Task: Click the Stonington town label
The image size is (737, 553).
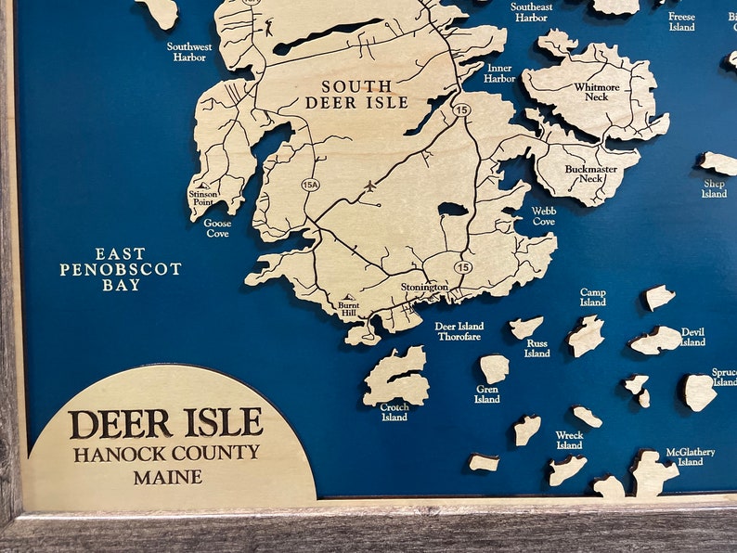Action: pos(424,288)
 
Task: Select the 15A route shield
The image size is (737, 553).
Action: pos(310,185)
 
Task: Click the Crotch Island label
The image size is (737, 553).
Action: pos(394,412)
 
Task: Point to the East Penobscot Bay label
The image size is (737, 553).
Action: pos(121,269)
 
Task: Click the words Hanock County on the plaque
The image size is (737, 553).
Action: pos(167,454)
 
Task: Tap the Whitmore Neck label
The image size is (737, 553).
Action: pos(597,93)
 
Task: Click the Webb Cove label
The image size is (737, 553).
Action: pos(544,216)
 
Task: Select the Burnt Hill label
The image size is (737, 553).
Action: pos(348,309)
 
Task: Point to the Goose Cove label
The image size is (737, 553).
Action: pos(217,228)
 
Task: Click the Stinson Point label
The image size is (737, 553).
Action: pos(202,198)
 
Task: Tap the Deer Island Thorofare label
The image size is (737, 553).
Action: pos(459,331)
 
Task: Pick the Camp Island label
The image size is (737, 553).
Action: pos(592,297)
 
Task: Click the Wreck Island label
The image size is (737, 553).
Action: pos(569,440)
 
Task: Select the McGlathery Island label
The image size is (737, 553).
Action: pos(690,457)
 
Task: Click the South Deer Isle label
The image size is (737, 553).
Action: pos(356,95)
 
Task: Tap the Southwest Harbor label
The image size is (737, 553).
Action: pos(188,51)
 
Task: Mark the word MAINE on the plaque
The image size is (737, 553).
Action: pos(167,478)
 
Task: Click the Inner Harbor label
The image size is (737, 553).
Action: pos(499,73)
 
